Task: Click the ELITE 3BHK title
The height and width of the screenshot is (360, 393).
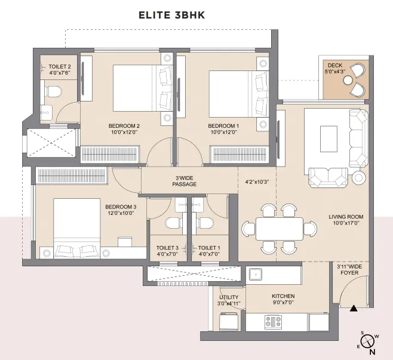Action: [x=172, y=15]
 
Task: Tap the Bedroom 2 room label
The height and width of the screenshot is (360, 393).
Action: [x=124, y=126]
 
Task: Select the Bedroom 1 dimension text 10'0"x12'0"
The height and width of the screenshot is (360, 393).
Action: [x=223, y=132]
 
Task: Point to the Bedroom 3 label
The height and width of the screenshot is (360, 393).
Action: [x=121, y=207]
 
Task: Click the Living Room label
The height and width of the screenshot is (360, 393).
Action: [x=346, y=217]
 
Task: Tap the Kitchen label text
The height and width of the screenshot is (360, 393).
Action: [x=283, y=296]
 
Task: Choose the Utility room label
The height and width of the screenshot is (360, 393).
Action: [x=229, y=297]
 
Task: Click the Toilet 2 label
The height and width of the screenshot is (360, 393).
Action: [x=60, y=67]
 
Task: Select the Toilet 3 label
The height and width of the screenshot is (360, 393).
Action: [x=167, y=248]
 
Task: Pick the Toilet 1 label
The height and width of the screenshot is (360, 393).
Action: [x=209, y=248]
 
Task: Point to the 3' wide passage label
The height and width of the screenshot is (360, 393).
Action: [x=185, y=181]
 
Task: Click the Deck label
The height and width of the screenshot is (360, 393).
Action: [x=335, y=66]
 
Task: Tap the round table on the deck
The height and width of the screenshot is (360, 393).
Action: [x=348, y=80]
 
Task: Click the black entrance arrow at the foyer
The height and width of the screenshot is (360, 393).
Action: [x=354, y=309]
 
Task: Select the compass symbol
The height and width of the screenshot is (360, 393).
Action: [x=367, y=341]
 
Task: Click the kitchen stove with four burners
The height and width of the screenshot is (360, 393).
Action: [x=273, y=322]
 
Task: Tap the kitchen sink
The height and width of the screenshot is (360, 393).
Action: [x=256, y=274]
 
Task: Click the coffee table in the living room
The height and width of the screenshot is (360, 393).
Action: [x=328, y=139]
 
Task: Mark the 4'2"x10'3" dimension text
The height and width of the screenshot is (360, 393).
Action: [x=257, y=182]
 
